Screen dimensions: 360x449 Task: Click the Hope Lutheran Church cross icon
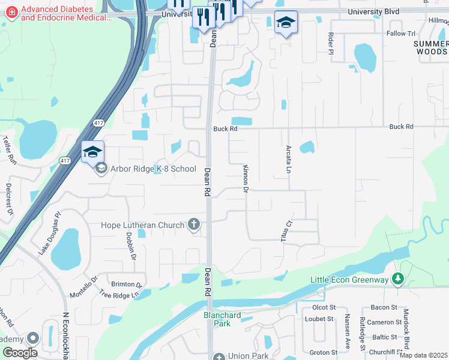point(193,225)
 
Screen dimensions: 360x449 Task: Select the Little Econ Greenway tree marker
point(397,279)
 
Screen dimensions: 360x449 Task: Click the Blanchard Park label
point(222,319)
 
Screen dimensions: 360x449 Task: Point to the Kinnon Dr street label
point(246,179)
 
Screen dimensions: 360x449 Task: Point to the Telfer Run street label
point(8,150)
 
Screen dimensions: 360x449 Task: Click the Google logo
point(20,353)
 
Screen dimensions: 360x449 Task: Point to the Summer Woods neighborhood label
point(431,48)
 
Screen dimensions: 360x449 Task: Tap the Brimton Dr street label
point(126,284)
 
